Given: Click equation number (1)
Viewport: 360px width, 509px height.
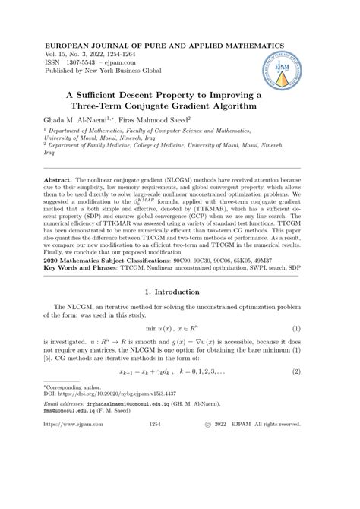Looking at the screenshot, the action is (296, 347).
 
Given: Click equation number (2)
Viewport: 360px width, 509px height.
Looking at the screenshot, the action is (296, 394).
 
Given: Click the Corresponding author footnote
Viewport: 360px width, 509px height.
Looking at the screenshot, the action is (88, 429).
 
